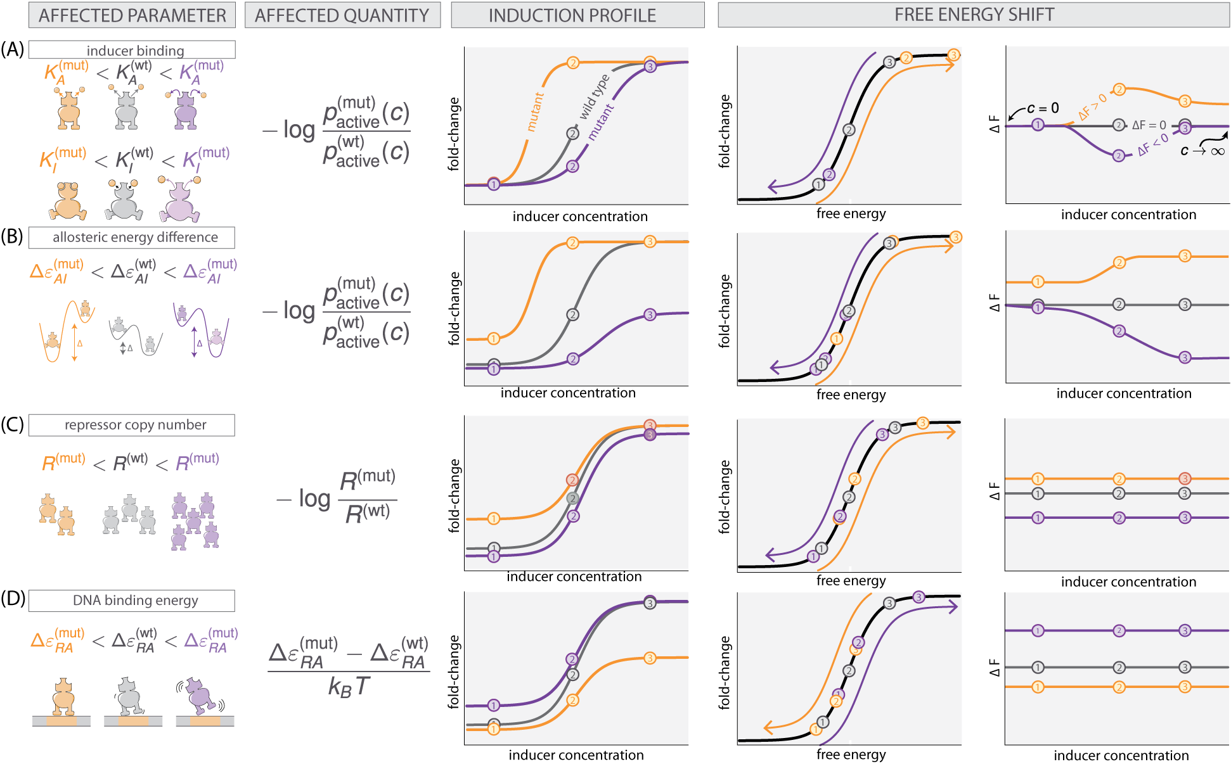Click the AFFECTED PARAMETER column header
click(132, 15)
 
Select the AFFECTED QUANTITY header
click(342, 15)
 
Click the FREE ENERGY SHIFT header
click(974, 15)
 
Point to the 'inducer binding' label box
click(132, 50)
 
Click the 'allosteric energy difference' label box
click(132, 238)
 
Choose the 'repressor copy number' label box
click(132, 425)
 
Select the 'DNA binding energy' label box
click(132, 601)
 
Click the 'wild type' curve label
click(594, 96)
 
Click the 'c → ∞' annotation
click(1202, 151)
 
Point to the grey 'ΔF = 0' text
click(1149, 125)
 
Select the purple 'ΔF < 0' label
click(1153, 146)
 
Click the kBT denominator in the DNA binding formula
click(348, 686)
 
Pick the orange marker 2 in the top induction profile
click(573, 63)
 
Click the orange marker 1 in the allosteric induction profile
click(494, 339)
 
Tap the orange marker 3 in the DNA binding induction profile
click(650, 658)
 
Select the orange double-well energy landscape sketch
click(67, 331)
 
